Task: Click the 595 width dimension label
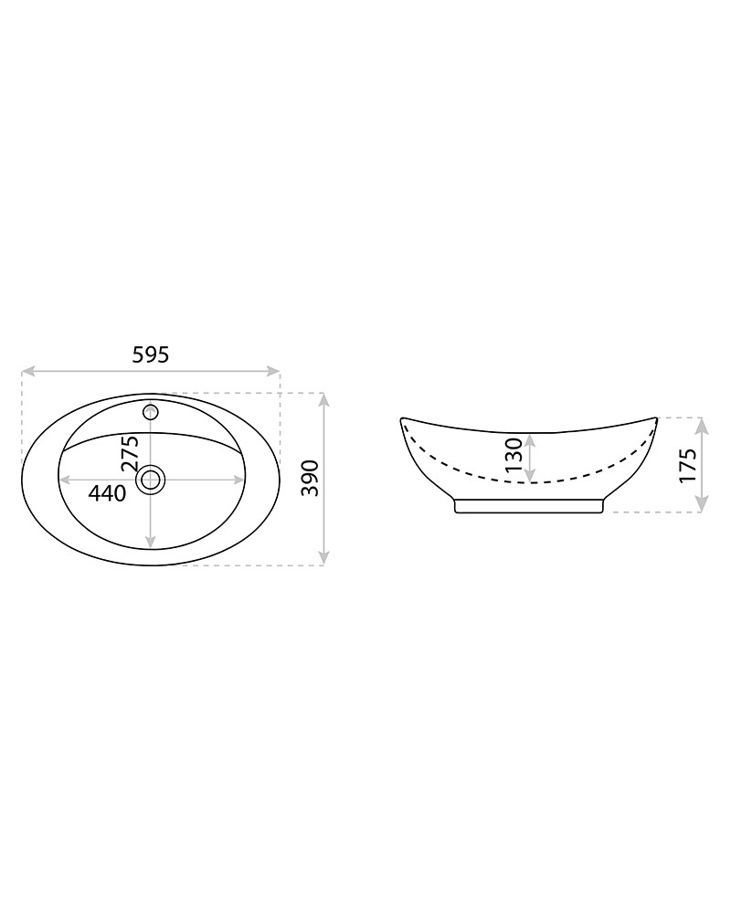click(x=151, y=354)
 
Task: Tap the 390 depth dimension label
click(x=311, y=478)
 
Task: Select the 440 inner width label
click(x=107, y=493)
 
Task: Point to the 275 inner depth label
click(x=129, y=453)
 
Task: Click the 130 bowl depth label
click(x=514, y=455)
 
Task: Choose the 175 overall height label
click(x=687, y=466)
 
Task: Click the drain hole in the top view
click(x=151, y=480)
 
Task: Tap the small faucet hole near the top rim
click(x=151, y=413)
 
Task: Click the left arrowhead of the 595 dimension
click(x=27, y=371)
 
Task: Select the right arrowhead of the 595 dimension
click(x=273, y=371)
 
